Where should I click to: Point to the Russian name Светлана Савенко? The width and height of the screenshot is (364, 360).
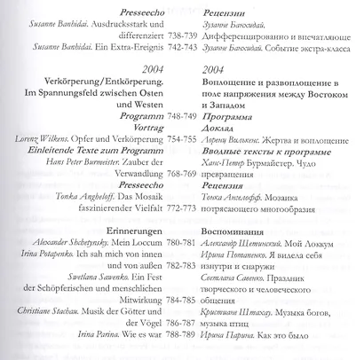(234, 301)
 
